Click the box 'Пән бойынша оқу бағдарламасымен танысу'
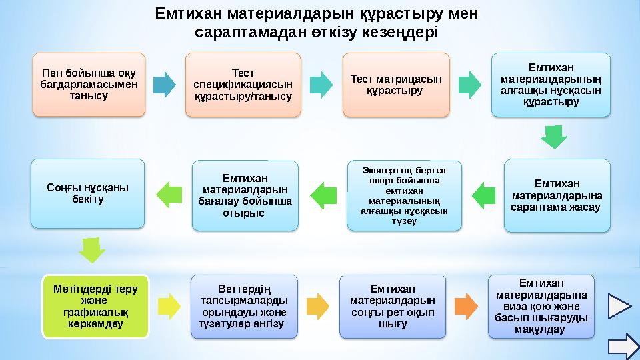(89, 85)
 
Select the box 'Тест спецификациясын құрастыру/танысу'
(243, 85)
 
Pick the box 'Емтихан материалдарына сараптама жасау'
(557, 195)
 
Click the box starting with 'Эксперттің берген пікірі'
(404, 195)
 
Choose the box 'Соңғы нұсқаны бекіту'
(87, 193)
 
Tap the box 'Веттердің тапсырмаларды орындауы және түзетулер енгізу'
(243, 306)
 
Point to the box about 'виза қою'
(541, 306)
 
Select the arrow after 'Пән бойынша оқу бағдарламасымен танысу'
(164, 84)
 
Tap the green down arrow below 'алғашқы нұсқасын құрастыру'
(553, 137)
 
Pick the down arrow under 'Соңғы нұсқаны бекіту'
(91, 249)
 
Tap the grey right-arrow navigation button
(623, 345)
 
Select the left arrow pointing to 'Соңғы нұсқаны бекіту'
(168, 193)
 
